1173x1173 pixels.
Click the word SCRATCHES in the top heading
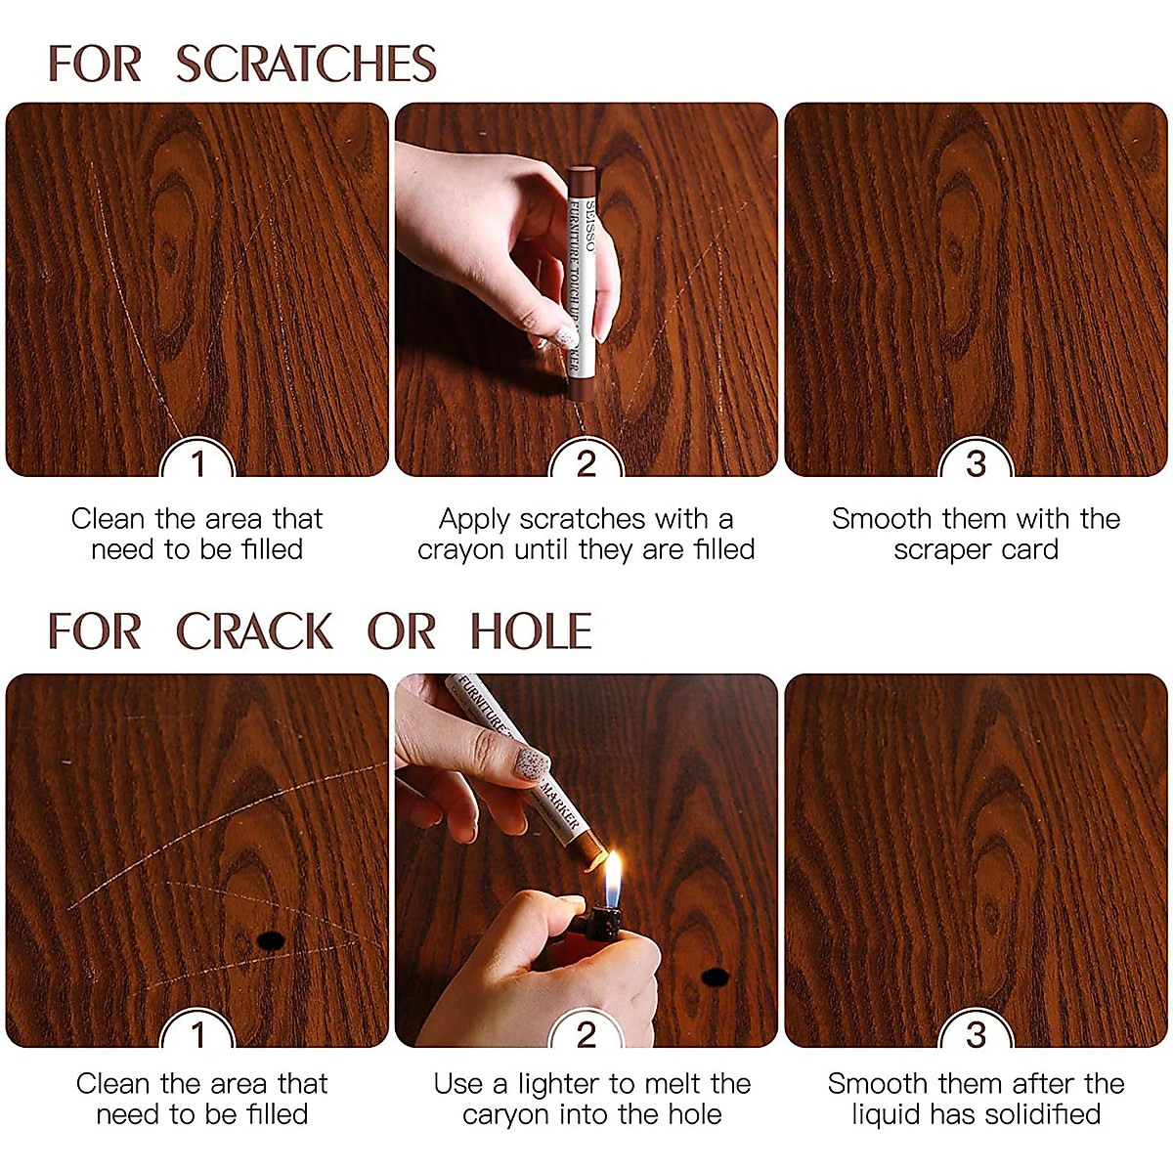tap(306, 65)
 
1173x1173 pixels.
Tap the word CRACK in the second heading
tap(254, 631)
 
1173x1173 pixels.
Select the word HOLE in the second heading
tap(531, 631)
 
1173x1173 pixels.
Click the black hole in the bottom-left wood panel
tap(270, 940)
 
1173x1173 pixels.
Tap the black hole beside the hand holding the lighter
tap(716, 976)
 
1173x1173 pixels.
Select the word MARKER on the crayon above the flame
tap(560, 804)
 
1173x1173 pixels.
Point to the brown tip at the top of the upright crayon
tap(582, 179)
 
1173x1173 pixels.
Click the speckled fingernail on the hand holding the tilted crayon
tap(532, 762)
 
